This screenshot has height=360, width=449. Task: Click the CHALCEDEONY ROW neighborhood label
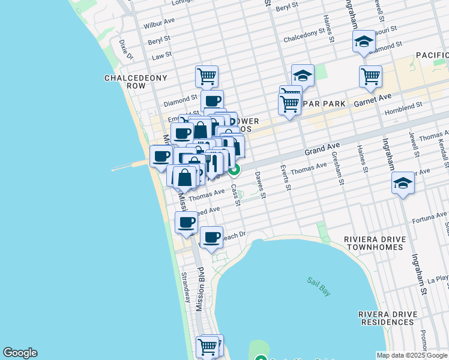(125, 82)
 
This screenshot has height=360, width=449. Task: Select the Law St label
(161, 55)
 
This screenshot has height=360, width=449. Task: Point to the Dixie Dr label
(125, 50)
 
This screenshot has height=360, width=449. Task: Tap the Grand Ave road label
(322, 149)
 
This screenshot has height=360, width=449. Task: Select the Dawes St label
(259, 185)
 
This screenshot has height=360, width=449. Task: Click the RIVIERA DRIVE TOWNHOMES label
(384, 244)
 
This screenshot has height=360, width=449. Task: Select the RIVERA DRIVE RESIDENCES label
(386, 318)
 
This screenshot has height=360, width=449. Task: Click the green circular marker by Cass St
(235, 170)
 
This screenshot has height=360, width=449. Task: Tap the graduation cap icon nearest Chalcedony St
(303, 76)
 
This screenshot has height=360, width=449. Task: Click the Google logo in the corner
(20, 353)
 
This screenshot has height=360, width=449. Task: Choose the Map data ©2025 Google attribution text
(412, 355)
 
